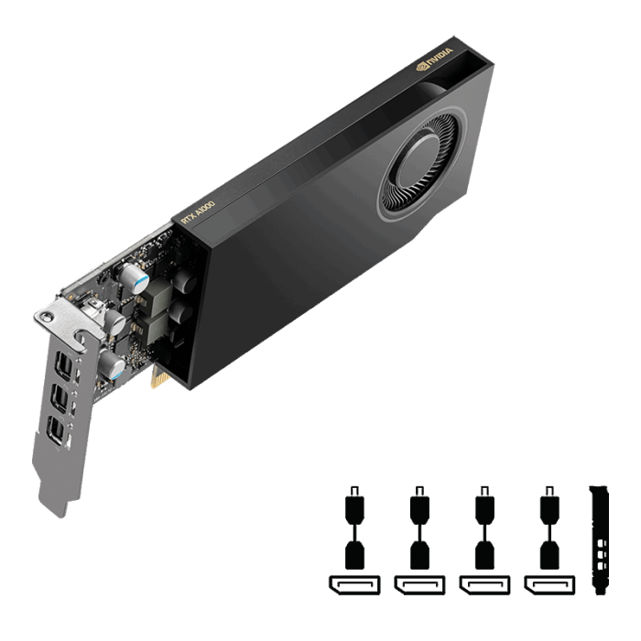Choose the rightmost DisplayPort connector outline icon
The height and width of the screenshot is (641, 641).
[549, 582]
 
